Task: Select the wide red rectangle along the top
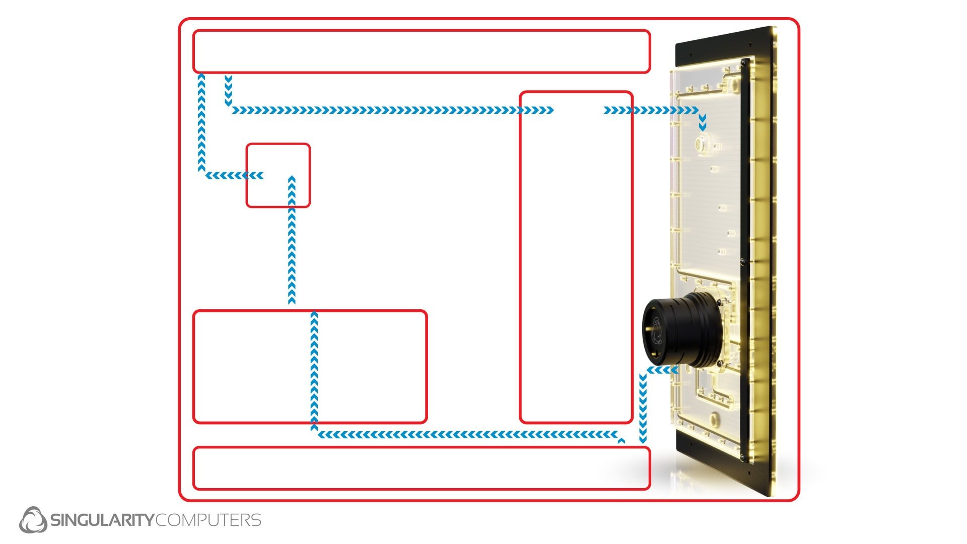tap(422, 51)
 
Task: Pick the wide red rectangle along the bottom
tap(422, 468)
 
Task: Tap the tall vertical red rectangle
tap(576, 257)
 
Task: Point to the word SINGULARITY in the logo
tap(101, 520)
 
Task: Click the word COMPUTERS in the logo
tap(208, 520)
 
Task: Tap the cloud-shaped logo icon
tap(33, 520)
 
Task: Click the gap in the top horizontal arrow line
tap(579, 110)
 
